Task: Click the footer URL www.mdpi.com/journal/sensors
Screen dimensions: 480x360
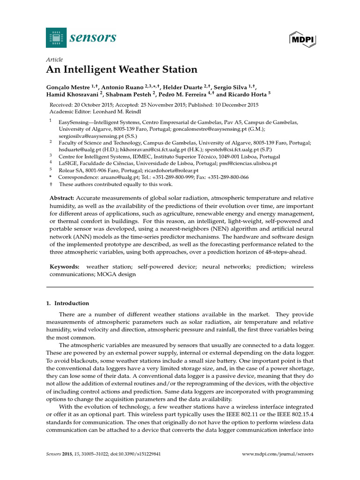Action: pos(277,454)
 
